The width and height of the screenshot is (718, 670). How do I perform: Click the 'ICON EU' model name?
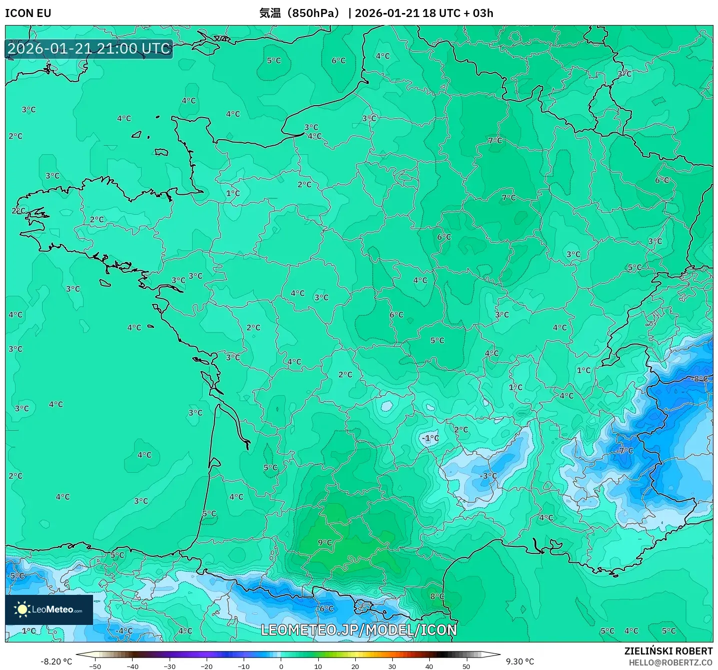point(28,13)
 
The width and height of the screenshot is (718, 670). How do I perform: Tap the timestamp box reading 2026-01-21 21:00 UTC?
point(89,49)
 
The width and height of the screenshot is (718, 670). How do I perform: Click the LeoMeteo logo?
point(49,609)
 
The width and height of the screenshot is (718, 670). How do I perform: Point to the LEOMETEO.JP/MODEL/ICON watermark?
point(359,630)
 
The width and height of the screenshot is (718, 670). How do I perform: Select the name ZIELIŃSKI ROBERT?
point(668,651)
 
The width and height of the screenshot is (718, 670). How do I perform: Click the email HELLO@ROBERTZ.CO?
point(670,662)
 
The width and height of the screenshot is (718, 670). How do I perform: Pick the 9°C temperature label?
point(325,542)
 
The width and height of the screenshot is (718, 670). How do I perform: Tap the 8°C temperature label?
point(437,596)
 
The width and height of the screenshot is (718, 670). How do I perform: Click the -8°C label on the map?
point(700,379)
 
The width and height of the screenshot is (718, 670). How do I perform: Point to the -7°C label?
point(625,451)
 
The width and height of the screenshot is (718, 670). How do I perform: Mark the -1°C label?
point(430,438)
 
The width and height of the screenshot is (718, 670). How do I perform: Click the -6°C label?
point(325,608)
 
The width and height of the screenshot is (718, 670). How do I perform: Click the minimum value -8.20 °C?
point(56,661)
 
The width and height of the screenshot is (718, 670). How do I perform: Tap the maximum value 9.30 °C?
point(520,661)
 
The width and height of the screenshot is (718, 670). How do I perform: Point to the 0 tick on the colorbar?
point(281,666)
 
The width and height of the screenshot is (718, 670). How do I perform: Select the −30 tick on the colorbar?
point(170,666)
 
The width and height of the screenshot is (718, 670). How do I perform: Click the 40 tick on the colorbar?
point(429,666)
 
